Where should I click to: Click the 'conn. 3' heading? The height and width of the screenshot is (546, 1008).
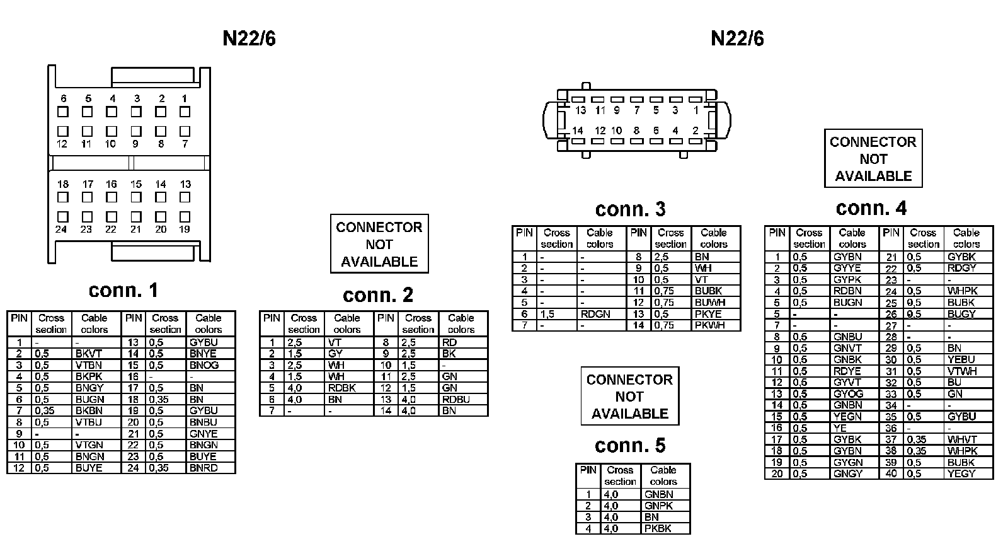pos(630,209)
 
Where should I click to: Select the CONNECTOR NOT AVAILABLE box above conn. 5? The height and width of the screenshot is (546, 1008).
pos(629,397)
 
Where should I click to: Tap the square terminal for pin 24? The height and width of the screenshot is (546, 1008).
pos(63,216)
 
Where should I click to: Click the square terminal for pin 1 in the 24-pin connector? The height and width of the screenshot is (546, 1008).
pos(185,112)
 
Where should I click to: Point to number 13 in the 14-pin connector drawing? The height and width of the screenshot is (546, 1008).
pos(580,110)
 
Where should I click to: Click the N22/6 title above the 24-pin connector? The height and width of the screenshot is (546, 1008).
pos(249,38)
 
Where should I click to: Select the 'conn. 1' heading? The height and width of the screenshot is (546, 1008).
pos(123,290)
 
